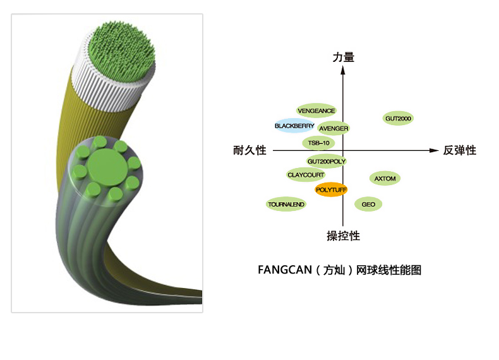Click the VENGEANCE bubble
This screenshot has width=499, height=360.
coord(316,111)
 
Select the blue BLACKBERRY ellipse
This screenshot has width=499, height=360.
coord(294,126)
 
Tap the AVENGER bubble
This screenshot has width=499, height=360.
coord(334,128)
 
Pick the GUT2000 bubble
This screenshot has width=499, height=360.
coord(398,118)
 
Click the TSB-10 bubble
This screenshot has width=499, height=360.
coord(318,143)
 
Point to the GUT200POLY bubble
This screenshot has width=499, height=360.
coord(326,162)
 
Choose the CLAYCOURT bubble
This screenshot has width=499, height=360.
coord(306,175)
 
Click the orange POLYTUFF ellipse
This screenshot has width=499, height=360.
coord(331,189)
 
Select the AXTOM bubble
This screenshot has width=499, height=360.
coord(385,179)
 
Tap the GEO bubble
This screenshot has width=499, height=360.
coord(368,205)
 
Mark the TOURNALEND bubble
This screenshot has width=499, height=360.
coord(286,204)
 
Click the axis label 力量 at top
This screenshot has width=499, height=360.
coord(344,57)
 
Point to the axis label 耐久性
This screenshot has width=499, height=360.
coord(250,150)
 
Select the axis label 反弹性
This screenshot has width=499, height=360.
coord(460,150)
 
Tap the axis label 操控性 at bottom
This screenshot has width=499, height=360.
coord(344,236)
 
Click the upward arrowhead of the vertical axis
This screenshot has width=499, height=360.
coord(343,69)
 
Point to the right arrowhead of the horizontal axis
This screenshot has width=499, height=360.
coord(434,150)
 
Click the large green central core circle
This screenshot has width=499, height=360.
coord(107,167)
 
